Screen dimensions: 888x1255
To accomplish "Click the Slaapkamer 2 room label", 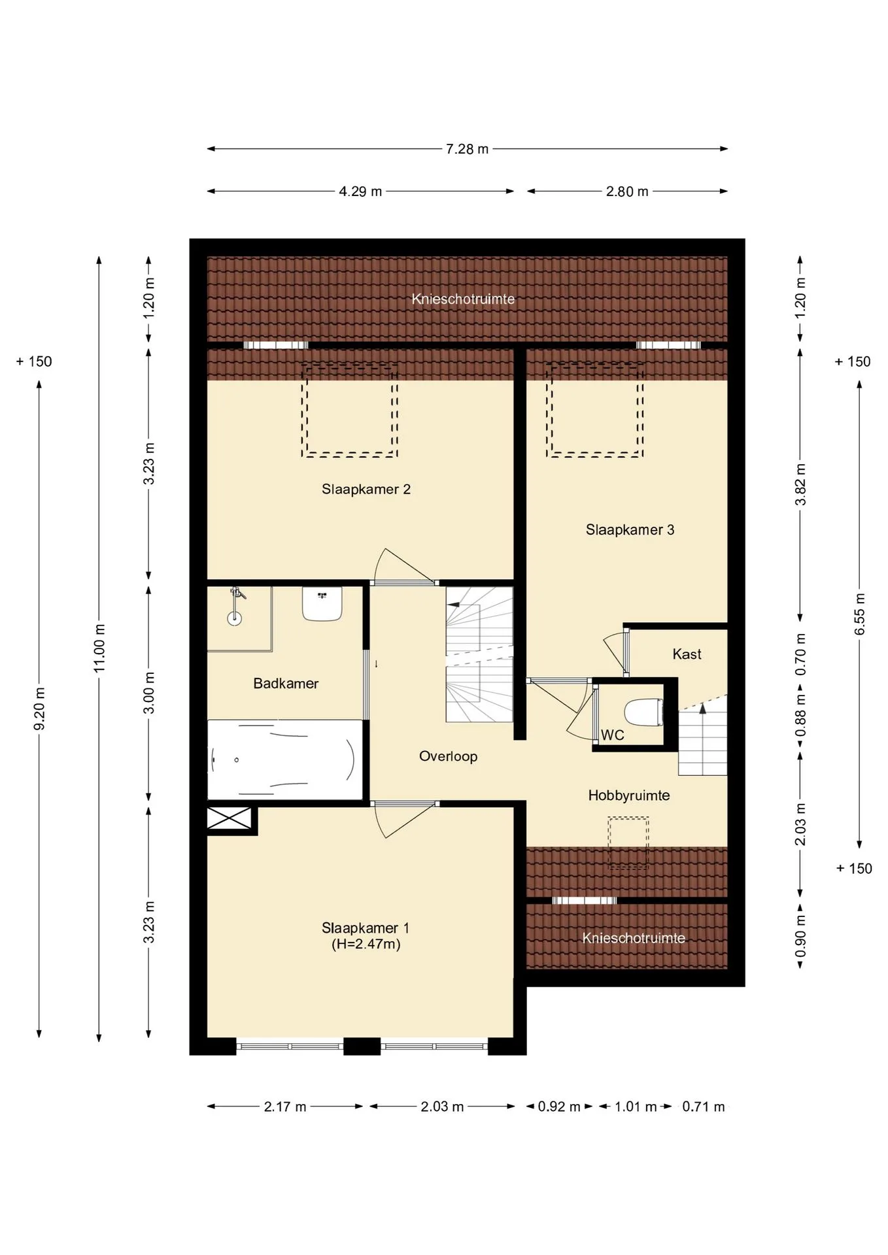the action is pyautogui.click(x=366, y=490).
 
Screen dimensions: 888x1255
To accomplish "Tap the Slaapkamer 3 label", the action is pyautogui.click(x=630, y=530).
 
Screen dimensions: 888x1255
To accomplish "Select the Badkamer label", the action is pyautogui.click(x=286, y=684).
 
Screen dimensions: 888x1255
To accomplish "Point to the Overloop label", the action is pyautogui.click(x=448, y=757).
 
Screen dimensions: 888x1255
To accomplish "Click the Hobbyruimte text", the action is pyautogui.click(x=628, y=796).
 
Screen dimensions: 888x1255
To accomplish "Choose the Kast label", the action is pyautogui.click(x=687, y=654).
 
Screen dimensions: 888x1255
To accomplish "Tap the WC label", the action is pyautogui.click(x=612, y=735).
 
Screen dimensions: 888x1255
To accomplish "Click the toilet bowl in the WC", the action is pyautogui.click(x=644, y=712).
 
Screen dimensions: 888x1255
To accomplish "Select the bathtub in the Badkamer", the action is pyautogui.click(x=284, y=760).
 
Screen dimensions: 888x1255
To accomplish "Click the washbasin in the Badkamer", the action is pyautogui.click(x=322, y=604).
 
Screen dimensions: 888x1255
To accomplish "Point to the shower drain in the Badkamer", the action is pyautogui.click(x=234, y=618).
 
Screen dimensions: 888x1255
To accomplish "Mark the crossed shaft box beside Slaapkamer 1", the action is pyautogui.click(x=229, y=818).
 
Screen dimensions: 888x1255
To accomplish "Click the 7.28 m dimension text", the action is pyautogui.click(x=467, y=149).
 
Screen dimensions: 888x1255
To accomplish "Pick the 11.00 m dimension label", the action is pyautogui.click(x=99, y=648).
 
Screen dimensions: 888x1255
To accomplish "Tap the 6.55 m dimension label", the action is pyautogui.click(x=860, y=614).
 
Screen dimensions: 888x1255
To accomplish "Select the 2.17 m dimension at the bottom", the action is pyautogui.click(x=285, y=1107).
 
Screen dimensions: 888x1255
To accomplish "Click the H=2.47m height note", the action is pyautogui.click(x=366, y=945).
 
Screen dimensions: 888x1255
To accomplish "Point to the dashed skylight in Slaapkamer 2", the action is pyautogui.click(x=349, y=410).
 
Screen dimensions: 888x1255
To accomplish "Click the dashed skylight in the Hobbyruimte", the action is pyautogui.click(x=628, y=843).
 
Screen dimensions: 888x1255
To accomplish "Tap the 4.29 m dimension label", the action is pyautogui.click(x=360, y=192).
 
